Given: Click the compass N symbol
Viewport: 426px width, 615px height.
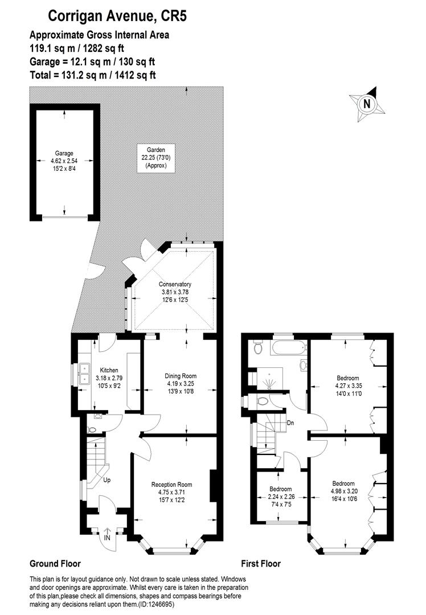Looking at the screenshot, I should pyautogui.click(x=367, y=104).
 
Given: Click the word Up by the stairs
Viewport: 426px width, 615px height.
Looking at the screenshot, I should pyautogui.click(x=106, y=480).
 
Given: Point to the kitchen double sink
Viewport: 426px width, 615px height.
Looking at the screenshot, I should pyautogui.click(x=85, y=373).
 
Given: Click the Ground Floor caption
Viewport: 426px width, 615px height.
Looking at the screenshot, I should pyautogui.click(x=55, y=564).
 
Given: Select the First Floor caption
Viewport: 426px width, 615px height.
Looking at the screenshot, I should pyautogui.click(x=261, y=564).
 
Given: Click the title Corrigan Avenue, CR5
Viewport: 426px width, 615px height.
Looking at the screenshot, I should pyautogui.click(x=117, y=16).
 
